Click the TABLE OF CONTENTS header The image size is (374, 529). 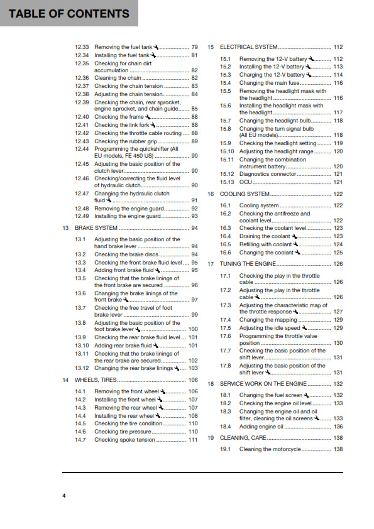pyautogui.click(x=69, y=13)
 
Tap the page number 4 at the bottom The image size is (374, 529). pyautogui.click(x=63, y=496)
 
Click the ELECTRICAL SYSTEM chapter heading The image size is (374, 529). pyautogui.click(x=248, y=47)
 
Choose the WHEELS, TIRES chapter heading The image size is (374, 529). pyautogui.click(x=96, y=380)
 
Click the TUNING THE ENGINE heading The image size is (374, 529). pyautogui.click(x=247, y=264)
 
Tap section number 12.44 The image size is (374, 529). pyautogui.click(x=82, y=148)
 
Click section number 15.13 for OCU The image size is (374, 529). pyautogui.click(x=227, y=182)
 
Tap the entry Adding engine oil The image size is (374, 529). pyautogui.click(x=261, y=427)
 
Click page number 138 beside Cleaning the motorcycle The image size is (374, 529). pyautogui.click(x=338, y=449)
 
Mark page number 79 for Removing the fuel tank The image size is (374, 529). pyautogui.click(x=194, y=47)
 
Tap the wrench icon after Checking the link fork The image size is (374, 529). pyautogui.click(x=152, y=125)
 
